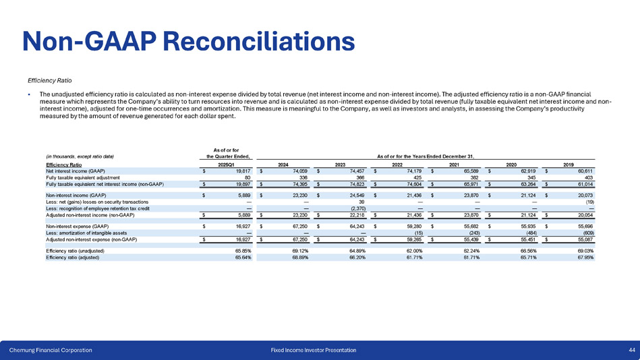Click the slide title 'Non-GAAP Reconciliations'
tap(189, 40)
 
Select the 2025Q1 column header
tap(228, 164)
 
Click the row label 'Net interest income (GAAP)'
tap(75, 171)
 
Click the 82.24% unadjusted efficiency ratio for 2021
tap(469, 251)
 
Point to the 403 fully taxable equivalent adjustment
tap(588, 177)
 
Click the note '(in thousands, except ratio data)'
tap(80, 157)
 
